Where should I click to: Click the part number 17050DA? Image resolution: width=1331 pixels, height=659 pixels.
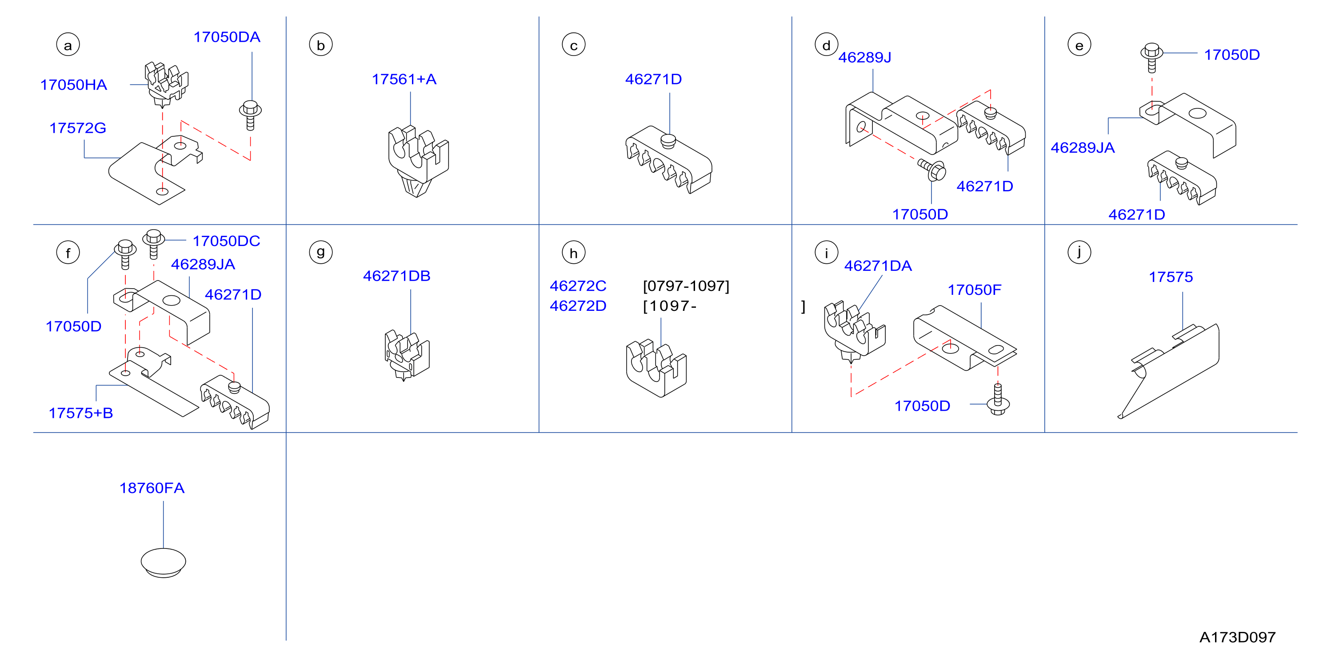(227, 37)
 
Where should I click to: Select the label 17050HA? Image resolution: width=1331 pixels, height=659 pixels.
(74, 85)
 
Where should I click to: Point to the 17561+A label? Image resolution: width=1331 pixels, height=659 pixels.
(404, 79)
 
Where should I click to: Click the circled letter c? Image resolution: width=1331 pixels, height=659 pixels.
(574, 45)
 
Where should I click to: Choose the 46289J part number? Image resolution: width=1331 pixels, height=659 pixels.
(865, 57)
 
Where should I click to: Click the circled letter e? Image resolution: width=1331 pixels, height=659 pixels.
(1079, 45)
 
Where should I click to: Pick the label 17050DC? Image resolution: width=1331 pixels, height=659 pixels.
(226, 241)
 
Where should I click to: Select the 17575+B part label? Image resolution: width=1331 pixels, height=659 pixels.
(80, 413)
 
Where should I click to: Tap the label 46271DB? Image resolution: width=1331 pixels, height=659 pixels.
(397, 276)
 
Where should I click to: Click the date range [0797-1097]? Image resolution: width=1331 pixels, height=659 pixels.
(686, 286)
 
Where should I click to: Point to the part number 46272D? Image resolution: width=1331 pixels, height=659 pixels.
(578, 306)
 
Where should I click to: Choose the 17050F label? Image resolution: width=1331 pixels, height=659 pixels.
(975, 290)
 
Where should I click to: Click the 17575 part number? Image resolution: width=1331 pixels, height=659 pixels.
(1171, 278)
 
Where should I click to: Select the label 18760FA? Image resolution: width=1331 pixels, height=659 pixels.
(152, 488)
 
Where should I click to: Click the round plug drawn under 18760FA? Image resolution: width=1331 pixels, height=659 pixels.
(163, 563)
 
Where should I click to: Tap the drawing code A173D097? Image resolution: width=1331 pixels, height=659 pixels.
(1238, 637)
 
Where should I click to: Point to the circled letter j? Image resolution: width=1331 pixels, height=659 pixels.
(1079, 253)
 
